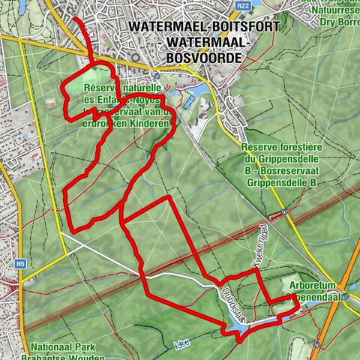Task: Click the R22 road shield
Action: coord(241,5)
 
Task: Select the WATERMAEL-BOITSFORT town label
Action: coord(204,26)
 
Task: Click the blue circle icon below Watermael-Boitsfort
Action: coord(157,75)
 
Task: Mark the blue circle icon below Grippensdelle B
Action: coord(285,213)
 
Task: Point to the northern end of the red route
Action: coord(75,16)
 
